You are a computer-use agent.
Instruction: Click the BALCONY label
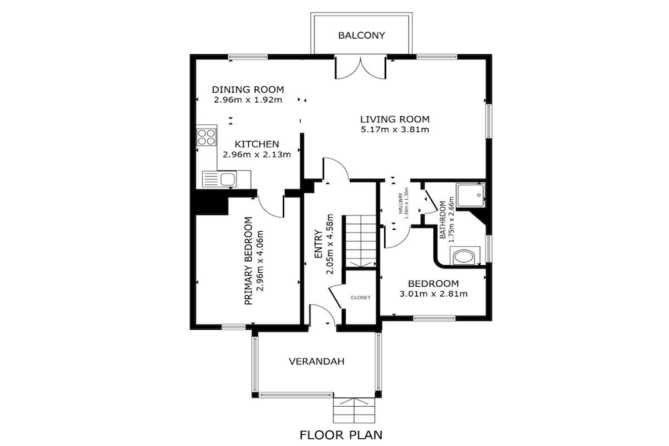coord(361,35)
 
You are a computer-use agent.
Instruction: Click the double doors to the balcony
coord(361,67)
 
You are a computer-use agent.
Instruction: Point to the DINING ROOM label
coord(248,89)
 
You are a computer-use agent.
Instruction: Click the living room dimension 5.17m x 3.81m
coord(395,129)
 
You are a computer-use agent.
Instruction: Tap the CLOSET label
coord(361,298)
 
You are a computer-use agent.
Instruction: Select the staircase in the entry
coord(361,242)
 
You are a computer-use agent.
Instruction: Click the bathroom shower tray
coord(470,196)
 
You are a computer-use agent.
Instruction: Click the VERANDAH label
coord(316,362)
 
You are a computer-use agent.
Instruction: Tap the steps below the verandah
coord(353,410)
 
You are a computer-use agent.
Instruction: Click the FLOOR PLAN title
coord(341,435)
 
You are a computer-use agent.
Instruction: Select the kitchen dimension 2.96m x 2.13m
coord(256,154)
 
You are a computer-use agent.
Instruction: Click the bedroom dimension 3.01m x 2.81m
coord(433,294)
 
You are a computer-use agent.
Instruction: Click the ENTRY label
coord(318,244)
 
